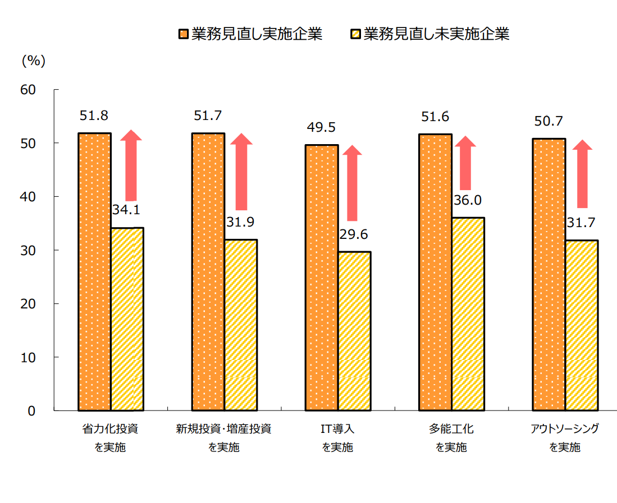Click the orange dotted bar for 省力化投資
click(94, 272)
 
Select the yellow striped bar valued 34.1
click(127, 319)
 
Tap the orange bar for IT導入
click(322, 278)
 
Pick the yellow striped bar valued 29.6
click(354, 331)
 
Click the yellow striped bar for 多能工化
click(468, 314)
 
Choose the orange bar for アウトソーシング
click(549, 275)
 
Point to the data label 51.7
click(208, 116)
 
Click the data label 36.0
click(468, 200)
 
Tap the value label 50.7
click(549, 121)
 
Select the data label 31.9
click(240, 222)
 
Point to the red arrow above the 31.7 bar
click(582, 174)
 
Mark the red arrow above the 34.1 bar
click(131, 165)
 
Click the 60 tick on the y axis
click(28, 90)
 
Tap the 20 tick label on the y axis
click(28, 304)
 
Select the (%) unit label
click(33, 61)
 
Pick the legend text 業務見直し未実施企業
click(436, 34)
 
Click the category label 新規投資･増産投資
click(224, 430)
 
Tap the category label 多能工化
click(451, 430)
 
